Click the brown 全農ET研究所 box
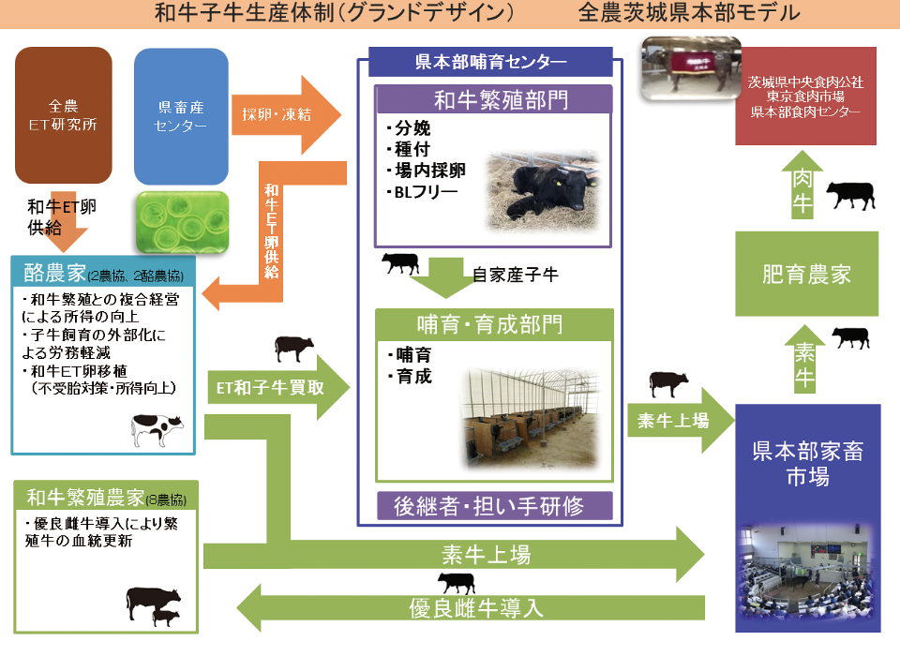(x=63, y=114)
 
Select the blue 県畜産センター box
(x=181, y=116)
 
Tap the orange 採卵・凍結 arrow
(x=286, y=114)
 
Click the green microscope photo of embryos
(x=183, y=223)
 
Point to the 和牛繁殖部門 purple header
(x=494, y=100)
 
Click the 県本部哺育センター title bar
(x=490, y=62)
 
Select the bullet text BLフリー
(x=423, y=192)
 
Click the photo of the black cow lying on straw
(x=543, y=192)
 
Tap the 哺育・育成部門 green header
(x=494, y=324)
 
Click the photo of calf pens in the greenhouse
(x=531, y=418)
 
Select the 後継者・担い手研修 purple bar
(x=495, y=506)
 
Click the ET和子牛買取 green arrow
(x=278, y=387)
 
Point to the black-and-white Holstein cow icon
(x=157, y=428)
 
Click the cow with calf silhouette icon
(x=153, y=606)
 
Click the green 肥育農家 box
(x=806, y=274)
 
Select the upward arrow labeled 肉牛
(x=802, y=185)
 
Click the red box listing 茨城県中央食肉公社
(x=806, y=96)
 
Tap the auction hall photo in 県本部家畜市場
(x=807, y=573)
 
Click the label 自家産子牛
(x=516, y=275)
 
